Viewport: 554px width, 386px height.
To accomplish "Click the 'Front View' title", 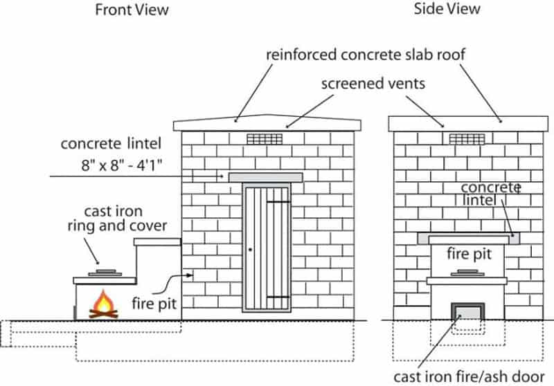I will (132, 10).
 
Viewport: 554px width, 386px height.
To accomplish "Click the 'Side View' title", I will (447, 9).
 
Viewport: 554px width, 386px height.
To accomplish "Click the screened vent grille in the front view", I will (264, 138).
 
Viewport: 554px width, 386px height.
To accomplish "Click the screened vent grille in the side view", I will (465, 138).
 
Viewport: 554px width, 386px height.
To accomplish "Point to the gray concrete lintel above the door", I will (266, 177).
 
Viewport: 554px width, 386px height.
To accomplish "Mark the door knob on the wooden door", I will (251, 250).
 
